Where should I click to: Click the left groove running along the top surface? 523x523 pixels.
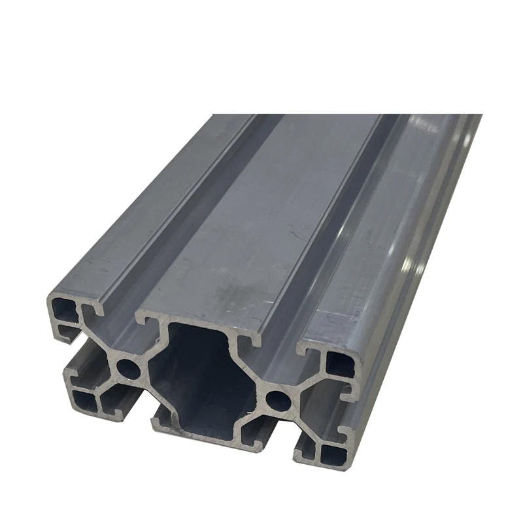click(x=190, y=216)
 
